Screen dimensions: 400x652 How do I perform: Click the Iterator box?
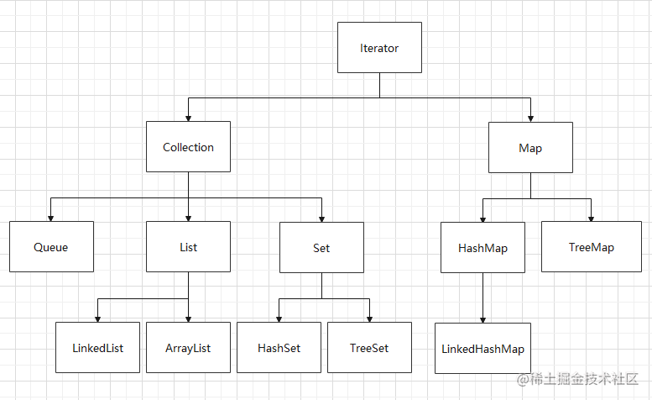(379, 48)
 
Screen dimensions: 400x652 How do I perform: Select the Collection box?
(188, 147)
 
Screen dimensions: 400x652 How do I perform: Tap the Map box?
(530, 148)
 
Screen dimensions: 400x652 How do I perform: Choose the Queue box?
(51, 247)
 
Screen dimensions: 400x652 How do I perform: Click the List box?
(188, 247)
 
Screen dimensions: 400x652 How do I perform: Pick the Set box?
(321, 248)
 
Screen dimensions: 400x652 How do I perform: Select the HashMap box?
(482, 248)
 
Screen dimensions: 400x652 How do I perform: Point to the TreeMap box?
(591, 247)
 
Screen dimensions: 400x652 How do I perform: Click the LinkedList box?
(97, 347)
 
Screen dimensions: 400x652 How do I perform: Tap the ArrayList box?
(188, 347)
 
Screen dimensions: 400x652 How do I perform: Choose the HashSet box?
(279, 347)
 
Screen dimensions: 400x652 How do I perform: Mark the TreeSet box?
(369, 347)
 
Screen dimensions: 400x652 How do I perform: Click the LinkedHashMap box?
(482, 348)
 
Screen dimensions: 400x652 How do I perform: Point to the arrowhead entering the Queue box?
(51, 218)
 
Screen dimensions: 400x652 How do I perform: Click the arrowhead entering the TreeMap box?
(591, 218)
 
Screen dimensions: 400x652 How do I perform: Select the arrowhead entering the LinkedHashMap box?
(482, 318)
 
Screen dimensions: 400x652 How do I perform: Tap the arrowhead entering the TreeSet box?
(369, 318)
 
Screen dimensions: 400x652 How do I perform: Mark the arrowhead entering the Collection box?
(188, 118)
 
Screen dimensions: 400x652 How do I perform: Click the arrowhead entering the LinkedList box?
(97, 318)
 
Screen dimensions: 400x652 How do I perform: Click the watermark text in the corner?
(579, 380)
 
